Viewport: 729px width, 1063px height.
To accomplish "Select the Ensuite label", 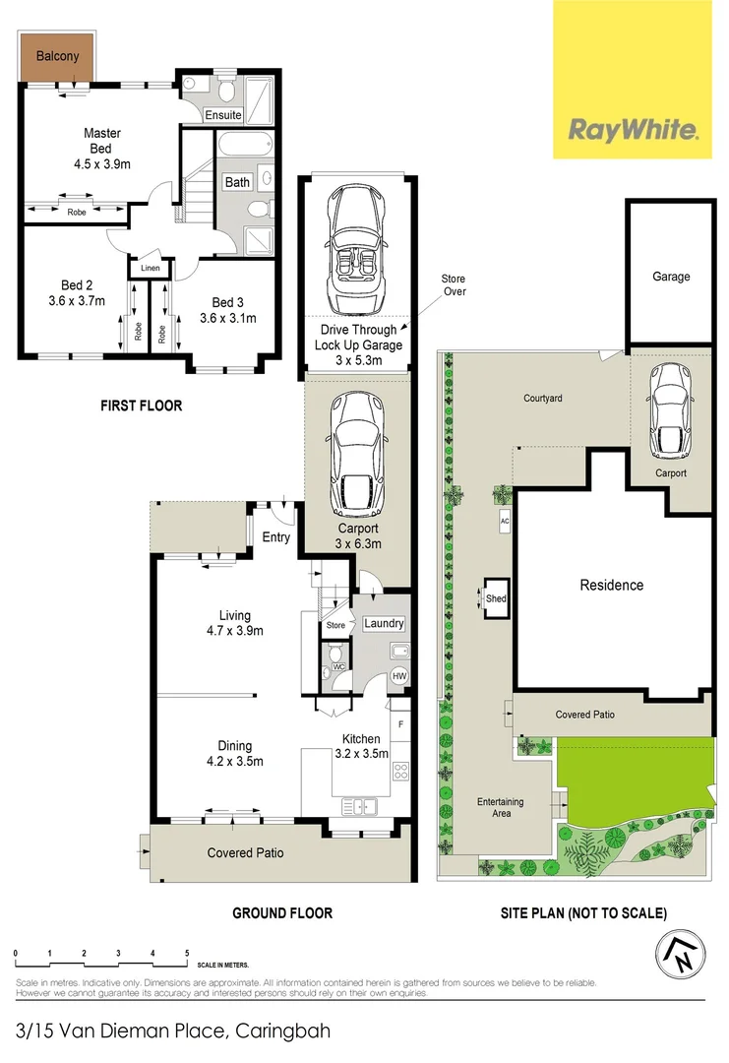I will click(223, 115).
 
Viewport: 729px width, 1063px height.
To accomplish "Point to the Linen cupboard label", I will click(151, 268).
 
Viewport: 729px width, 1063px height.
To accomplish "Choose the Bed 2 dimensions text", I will click(77, 302).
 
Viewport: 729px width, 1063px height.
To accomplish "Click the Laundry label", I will click(384, 623).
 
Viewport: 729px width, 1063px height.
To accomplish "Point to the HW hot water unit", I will click(399, 676).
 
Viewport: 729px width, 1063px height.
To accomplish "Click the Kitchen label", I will click(361, 739).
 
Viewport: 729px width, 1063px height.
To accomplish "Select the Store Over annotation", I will click(454, 285).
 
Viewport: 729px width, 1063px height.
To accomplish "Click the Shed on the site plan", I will click(496, 597).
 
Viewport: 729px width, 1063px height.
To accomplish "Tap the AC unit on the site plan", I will click(505, 520).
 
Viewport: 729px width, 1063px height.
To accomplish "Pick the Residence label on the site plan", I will click(611, 585).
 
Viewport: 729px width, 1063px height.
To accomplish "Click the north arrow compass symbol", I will click(681, 953).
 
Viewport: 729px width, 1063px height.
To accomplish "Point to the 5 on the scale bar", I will click(187, 953).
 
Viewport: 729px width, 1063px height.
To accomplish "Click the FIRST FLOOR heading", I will click(143, 405).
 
